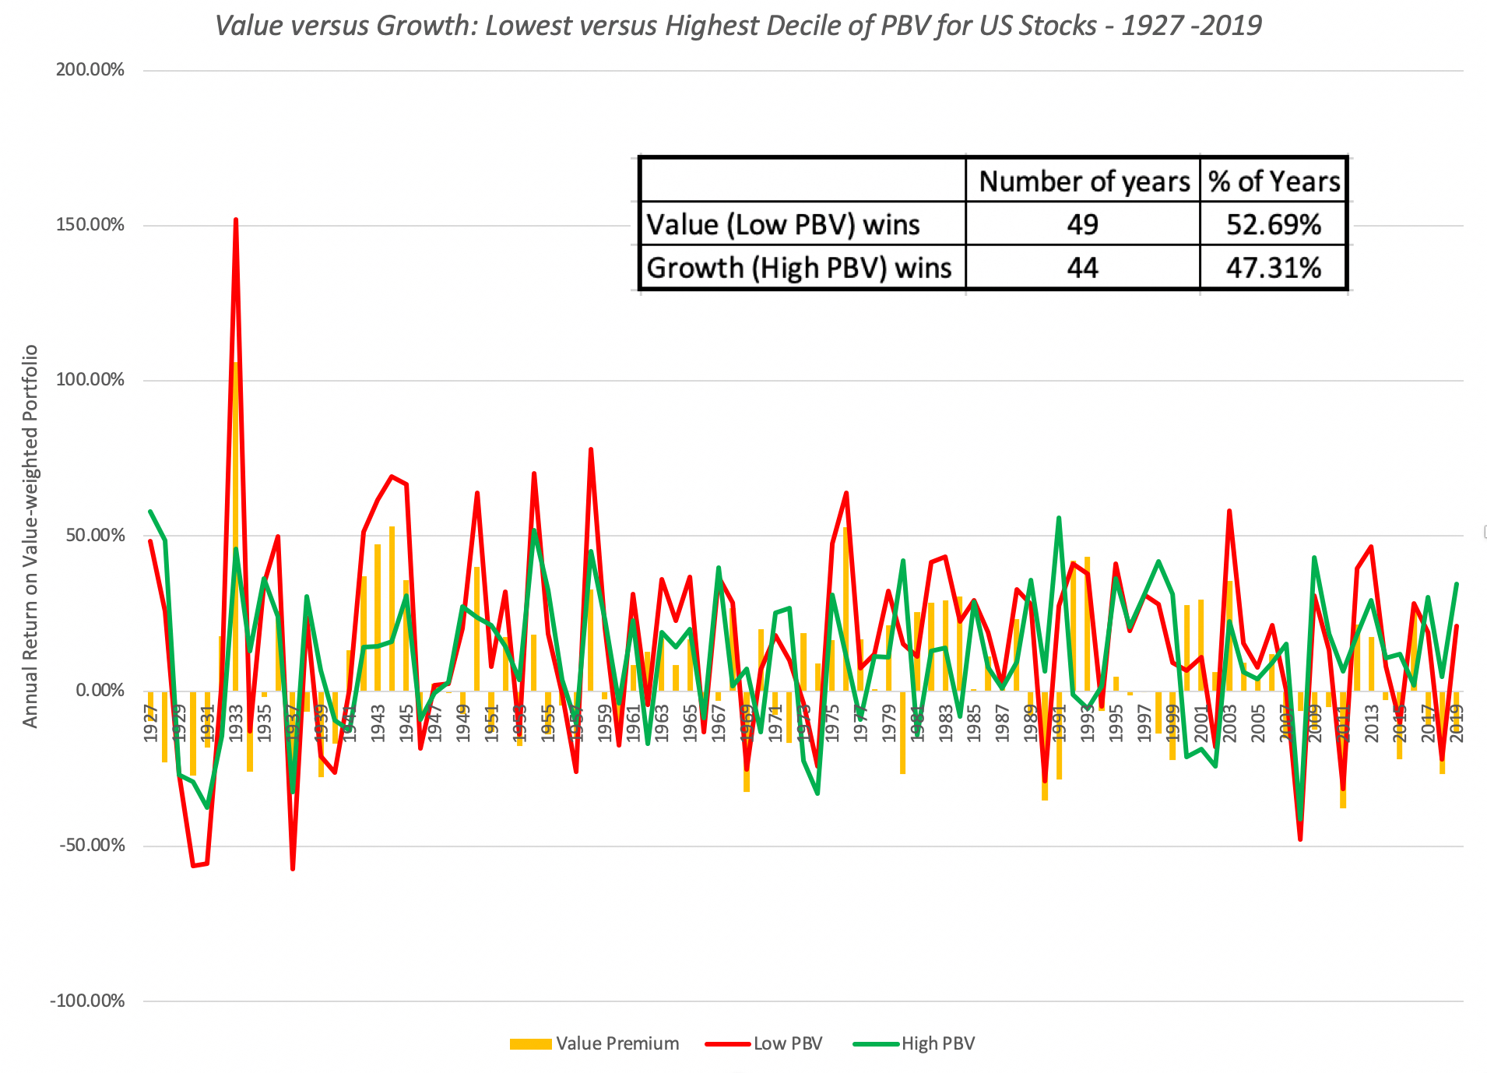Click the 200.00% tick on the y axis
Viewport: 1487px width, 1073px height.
pyautogui.click(x=90, y=70)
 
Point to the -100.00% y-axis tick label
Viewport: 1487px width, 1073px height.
pyautogui.click(x=87, y=1001)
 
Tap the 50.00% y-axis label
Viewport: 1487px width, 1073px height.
pyautogui.click(x=92, y=535)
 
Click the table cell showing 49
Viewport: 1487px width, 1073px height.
pyautogui.click(x=1082, y=224)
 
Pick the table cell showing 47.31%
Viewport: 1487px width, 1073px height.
pyautogui.click(x=1273, y=268)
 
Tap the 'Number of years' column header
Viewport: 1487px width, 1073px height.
pyautogui.click(x=1084, y=181)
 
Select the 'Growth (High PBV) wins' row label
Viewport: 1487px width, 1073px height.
pyautogui.click(x=800, y=268)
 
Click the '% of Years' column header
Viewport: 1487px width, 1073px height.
pyautogui.click(x=1274, y=181)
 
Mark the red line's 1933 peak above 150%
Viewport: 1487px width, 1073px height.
pyautogui.click(x=236, y=220)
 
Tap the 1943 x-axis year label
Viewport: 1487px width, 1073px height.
pyautogui.click(x=378, y=723)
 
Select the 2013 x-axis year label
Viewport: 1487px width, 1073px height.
pyautogui.click(x=1371, y=723)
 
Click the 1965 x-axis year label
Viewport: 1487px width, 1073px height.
pyautogui.click(x=690, y=723)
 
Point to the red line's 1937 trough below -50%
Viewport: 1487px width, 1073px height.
pyautogui.click(x=293, y=868)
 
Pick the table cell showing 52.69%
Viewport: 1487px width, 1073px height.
pyautogui.click(x=1273, y=224)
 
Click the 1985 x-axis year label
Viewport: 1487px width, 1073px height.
pyautogui.click(x=973, y=723)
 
